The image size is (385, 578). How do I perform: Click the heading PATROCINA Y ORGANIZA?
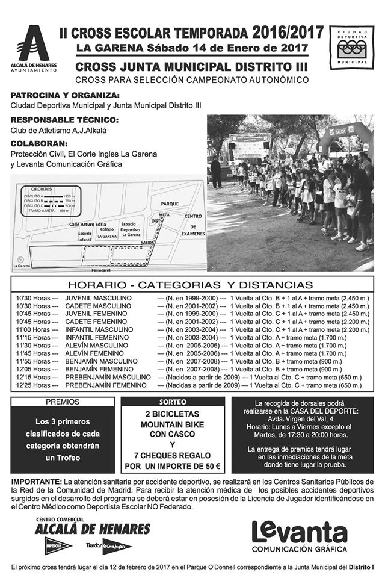(x=65, y=96)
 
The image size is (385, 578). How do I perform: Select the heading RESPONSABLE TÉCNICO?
(x=64, y=120)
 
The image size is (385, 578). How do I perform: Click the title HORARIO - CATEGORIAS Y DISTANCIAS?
(x=190, y=285)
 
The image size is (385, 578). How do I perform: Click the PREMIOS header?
(x=62, y=402)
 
